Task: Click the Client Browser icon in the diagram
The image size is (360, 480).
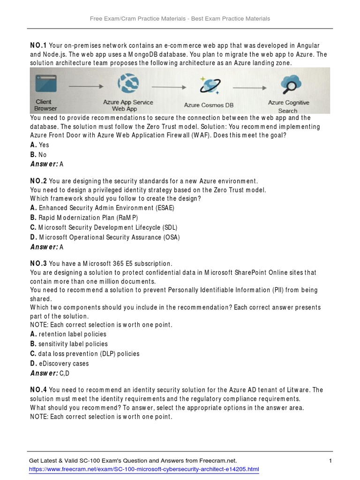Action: [x=46, y=85]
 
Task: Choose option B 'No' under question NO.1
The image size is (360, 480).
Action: [x=38, y=155]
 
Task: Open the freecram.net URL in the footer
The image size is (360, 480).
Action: [x=144, y=469]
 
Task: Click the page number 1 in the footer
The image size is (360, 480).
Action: [x=330, y=461]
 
